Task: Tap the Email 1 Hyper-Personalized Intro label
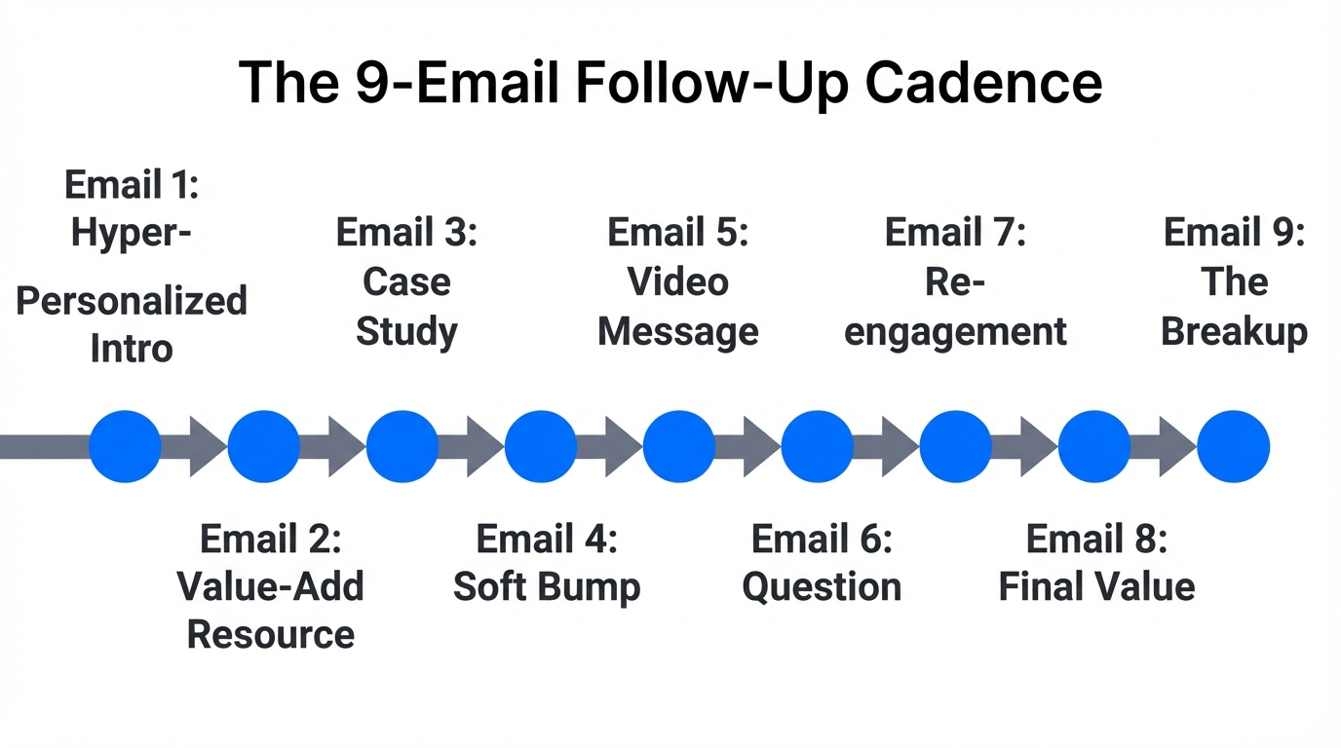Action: [132, 266]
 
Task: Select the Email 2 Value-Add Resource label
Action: [270, 586]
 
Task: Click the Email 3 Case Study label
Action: [406, 282]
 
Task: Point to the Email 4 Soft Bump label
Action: [547, 563]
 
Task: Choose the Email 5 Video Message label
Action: [677, 282]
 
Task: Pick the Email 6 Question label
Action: [822, 563]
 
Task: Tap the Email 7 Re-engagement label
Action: [955, 282]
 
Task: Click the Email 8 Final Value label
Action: [1096, 563]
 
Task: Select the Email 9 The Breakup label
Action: [1234, 282]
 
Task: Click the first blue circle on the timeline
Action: [125, 447]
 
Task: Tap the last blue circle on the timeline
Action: [1233, 447]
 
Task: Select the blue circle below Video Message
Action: [679, 447]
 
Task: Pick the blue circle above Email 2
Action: [263, 447]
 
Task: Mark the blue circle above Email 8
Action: [1094, 447]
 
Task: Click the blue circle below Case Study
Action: [402, 447]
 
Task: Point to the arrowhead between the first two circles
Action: [207, 447]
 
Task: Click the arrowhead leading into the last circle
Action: [1176, 447]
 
